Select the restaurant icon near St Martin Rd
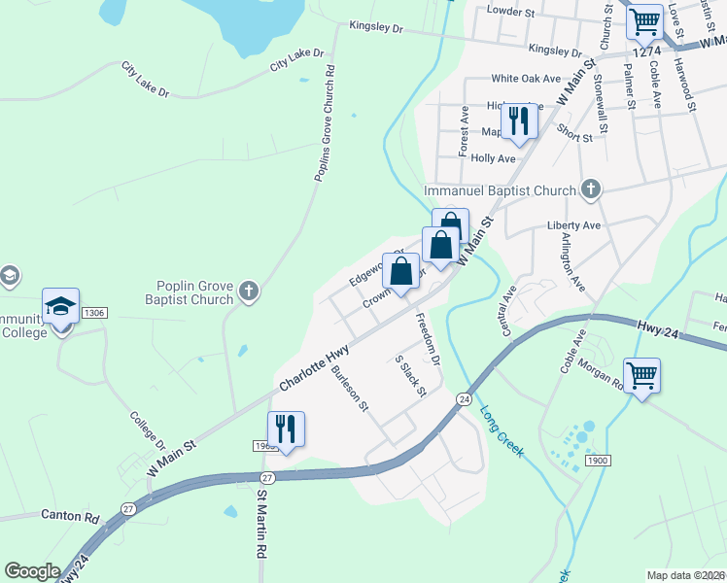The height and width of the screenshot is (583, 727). point(286,429)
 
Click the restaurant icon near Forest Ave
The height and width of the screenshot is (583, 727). point(518,120)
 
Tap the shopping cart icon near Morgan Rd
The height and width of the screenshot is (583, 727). point(642,374)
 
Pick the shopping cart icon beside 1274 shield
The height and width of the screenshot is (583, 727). point(643,20)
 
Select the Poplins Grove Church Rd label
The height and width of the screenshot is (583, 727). point(324,123)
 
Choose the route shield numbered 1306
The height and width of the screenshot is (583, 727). point(94,312)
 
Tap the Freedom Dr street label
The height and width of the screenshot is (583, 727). point(428,339)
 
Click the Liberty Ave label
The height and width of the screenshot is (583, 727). point(574,224)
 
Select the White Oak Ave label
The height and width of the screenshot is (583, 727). point(526,78)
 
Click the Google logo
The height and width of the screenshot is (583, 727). point(32,571)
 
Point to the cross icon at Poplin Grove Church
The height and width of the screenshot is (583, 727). point(249,290)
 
